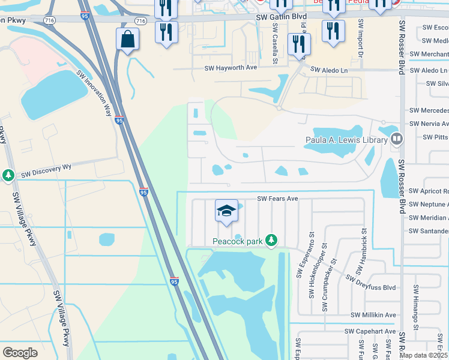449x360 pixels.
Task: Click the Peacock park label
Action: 238,241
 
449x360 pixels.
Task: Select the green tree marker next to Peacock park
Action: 271,241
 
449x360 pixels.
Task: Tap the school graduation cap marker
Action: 226,211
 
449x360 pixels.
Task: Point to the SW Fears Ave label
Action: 278,199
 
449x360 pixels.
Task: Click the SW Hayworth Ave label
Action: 231,68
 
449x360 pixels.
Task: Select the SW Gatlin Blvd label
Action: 281,18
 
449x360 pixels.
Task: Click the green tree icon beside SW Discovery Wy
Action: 8,175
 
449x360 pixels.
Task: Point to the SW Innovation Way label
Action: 94,92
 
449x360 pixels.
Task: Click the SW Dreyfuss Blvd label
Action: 371,282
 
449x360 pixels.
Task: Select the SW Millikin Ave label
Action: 373,315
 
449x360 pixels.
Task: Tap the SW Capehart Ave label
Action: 370,331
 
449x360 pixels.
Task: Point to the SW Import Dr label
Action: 361,38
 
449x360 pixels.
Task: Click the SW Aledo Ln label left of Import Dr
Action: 329,70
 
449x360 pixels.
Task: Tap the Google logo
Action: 20,353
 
